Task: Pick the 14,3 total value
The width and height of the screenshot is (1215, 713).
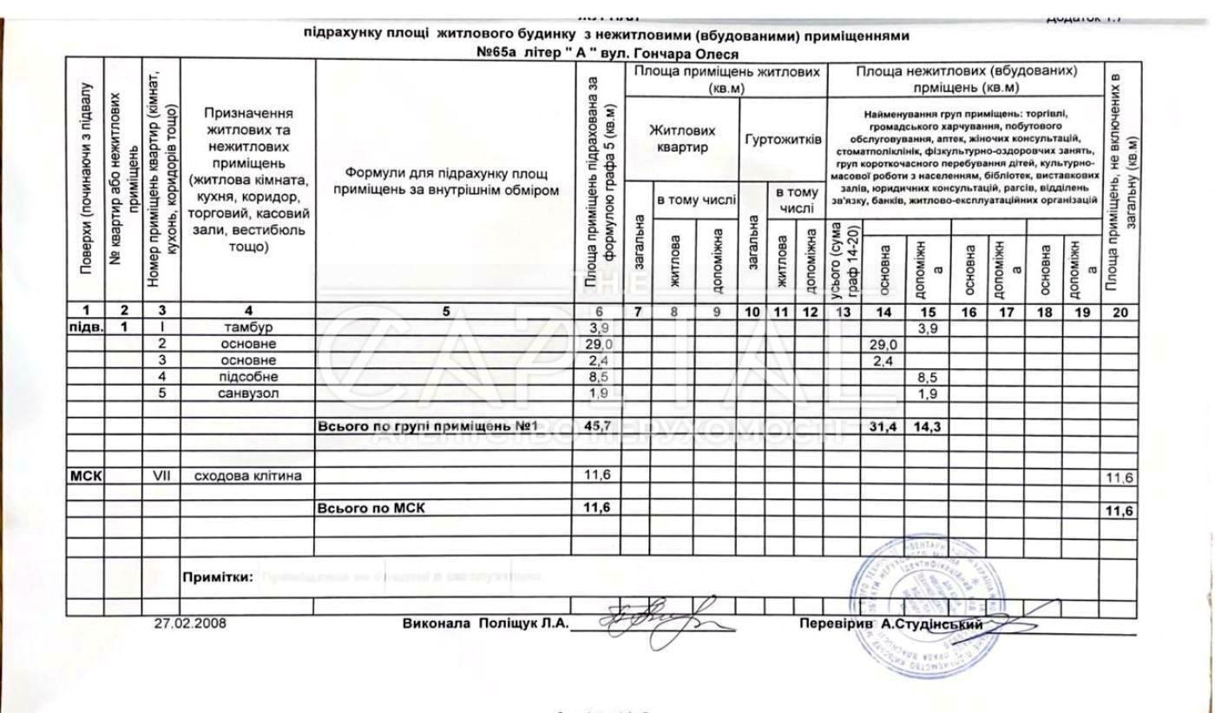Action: (x=925, y=426)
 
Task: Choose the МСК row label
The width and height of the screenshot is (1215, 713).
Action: (x=87, y=476)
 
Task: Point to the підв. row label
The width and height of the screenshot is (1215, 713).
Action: (x=86, y=328)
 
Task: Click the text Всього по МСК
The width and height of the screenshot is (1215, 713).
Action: (x=372, y=510)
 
